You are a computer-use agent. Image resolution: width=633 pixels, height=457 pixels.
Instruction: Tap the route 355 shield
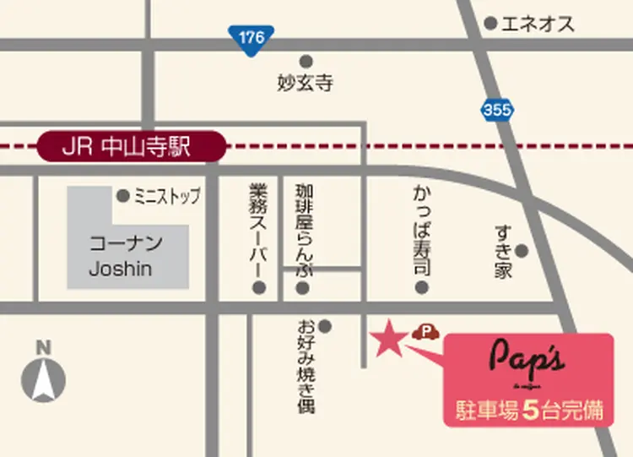(x=498, y=109)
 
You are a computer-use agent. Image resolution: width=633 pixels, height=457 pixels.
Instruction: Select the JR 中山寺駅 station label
(x=133, y=147)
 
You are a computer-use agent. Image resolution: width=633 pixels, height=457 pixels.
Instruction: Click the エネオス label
(x=538, y=24)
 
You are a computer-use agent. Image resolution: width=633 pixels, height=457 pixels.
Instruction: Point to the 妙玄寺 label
(x=305, y=83)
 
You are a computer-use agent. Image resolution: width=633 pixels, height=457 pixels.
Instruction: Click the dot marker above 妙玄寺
(x=306, y=61)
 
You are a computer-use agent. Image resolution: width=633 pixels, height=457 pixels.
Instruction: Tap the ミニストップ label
(x=167, y=197)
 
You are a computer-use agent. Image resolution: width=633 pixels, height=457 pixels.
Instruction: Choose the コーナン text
(x=127, y=244)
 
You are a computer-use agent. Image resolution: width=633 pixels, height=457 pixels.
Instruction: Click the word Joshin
(x=121, y=269)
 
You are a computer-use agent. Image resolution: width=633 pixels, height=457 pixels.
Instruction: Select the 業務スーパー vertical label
(x=258, y=228)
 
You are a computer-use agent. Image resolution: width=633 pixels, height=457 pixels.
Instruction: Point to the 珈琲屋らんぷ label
(x=304, y=228)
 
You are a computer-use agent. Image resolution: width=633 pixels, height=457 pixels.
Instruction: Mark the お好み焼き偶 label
(x=306, y=365)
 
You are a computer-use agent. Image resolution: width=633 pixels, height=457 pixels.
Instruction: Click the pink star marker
(x=388, y=339)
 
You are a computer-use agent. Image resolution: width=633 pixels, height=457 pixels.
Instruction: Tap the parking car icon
(x=425, y=332)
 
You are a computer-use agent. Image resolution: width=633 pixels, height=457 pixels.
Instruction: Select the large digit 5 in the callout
(x=530, y=411)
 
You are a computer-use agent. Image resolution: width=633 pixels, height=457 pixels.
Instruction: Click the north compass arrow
(x=44, y=379)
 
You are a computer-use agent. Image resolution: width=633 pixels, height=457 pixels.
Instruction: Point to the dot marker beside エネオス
(x=490, y=24)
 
